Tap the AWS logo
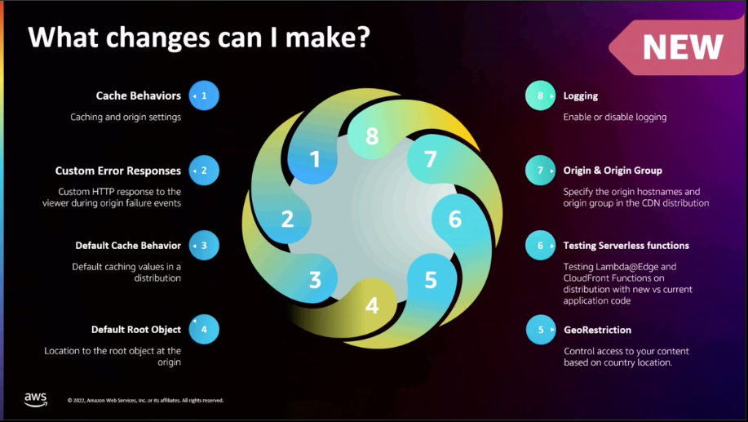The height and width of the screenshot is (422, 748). tap(35, 399)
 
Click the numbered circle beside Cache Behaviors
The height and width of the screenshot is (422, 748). tap(204, 96)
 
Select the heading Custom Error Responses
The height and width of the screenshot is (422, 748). tap(118, 171)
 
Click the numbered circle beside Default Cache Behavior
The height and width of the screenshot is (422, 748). tap(204, 245)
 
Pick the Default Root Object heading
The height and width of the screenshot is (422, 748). tap(136, 330)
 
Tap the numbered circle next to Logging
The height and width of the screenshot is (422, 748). tap(540, 96)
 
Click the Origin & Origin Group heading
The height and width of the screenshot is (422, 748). tap(613, 171)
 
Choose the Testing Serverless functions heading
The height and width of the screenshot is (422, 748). tap(626, 245)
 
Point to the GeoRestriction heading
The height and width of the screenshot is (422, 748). tap(597, 330)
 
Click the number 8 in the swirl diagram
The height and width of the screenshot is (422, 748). tap(372, 136)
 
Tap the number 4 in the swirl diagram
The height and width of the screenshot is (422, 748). tap(372, 306)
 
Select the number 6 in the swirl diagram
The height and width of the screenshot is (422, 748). tap(455, 219)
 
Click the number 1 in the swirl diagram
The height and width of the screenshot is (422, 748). tap(315, 158)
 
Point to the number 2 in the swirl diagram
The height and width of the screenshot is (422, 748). tap(287, 219)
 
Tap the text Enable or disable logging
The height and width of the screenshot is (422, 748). tap(615, 117)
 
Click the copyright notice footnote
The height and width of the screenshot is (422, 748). tap(146, 400)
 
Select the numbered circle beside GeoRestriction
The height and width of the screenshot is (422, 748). tap(540, 330)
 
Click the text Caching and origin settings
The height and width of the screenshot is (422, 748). tap(126, 117)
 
